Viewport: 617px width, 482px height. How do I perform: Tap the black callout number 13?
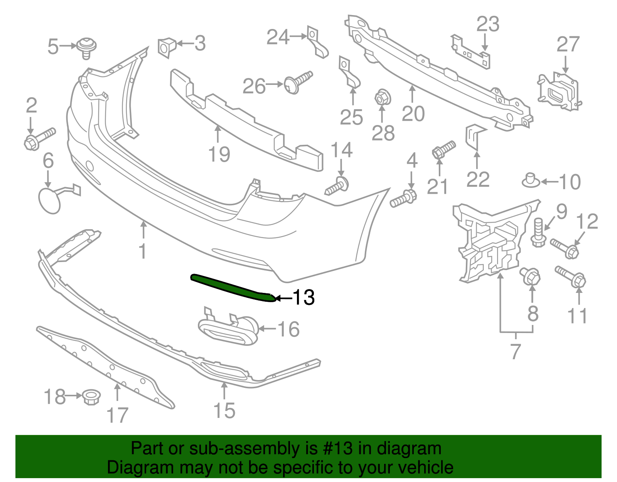point(304,298)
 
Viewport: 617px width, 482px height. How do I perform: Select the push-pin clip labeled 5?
point(86,47)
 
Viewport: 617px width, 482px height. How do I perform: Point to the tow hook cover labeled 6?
point(50,200)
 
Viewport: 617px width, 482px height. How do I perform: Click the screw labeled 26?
point(297,82)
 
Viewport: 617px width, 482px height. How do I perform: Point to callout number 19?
point(219,155)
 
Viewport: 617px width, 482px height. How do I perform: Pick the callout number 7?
point(516,351)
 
